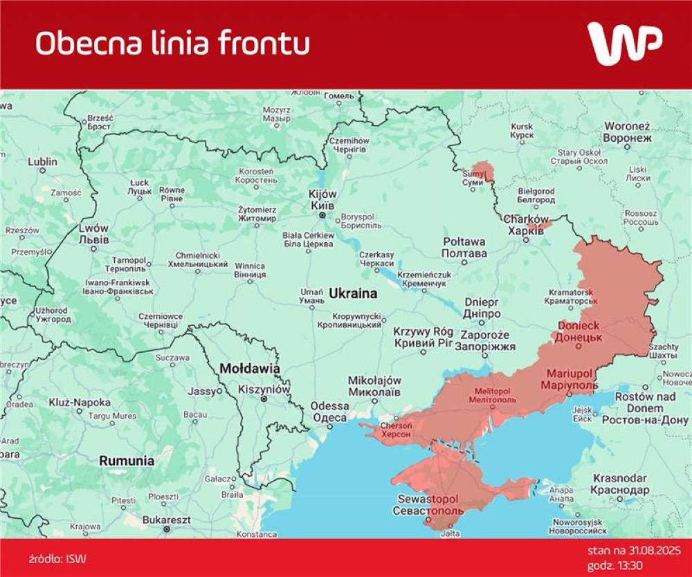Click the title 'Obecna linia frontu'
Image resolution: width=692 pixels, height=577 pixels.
[172, 43]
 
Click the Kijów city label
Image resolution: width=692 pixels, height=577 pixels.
[322, 194]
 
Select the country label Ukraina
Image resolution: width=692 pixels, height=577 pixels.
[353, 293]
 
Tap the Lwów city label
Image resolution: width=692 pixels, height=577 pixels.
[93, 229]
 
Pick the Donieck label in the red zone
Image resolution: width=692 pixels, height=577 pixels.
[579, 325]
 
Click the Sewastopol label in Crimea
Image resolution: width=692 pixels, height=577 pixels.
[428, 499]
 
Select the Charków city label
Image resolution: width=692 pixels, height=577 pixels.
[526, 219]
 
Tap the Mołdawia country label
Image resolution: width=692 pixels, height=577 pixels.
[249, 369]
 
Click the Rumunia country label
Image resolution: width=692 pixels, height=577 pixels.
[126, 460]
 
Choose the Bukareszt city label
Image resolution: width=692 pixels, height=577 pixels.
[166, 519]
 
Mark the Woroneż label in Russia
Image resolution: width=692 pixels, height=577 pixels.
[627, 127]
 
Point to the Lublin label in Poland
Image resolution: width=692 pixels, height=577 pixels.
[42, 162]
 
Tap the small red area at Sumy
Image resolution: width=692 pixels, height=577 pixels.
[485, 170]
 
